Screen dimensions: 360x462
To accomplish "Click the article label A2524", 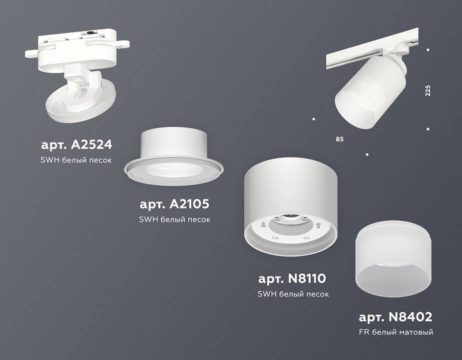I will [x=76, y=145].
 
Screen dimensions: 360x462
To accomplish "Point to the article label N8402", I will [x=395, y=316].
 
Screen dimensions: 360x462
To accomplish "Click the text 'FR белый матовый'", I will [x=396, y=332].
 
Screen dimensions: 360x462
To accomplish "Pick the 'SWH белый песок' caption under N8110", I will [x=293, y=294].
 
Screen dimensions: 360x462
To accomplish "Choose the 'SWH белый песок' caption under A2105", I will [x=174, y=219].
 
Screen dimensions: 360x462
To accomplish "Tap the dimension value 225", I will [x=428, y=91].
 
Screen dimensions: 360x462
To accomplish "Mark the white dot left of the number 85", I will [x=314, y=119].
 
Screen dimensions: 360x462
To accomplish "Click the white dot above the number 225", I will [x=428, y=50].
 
